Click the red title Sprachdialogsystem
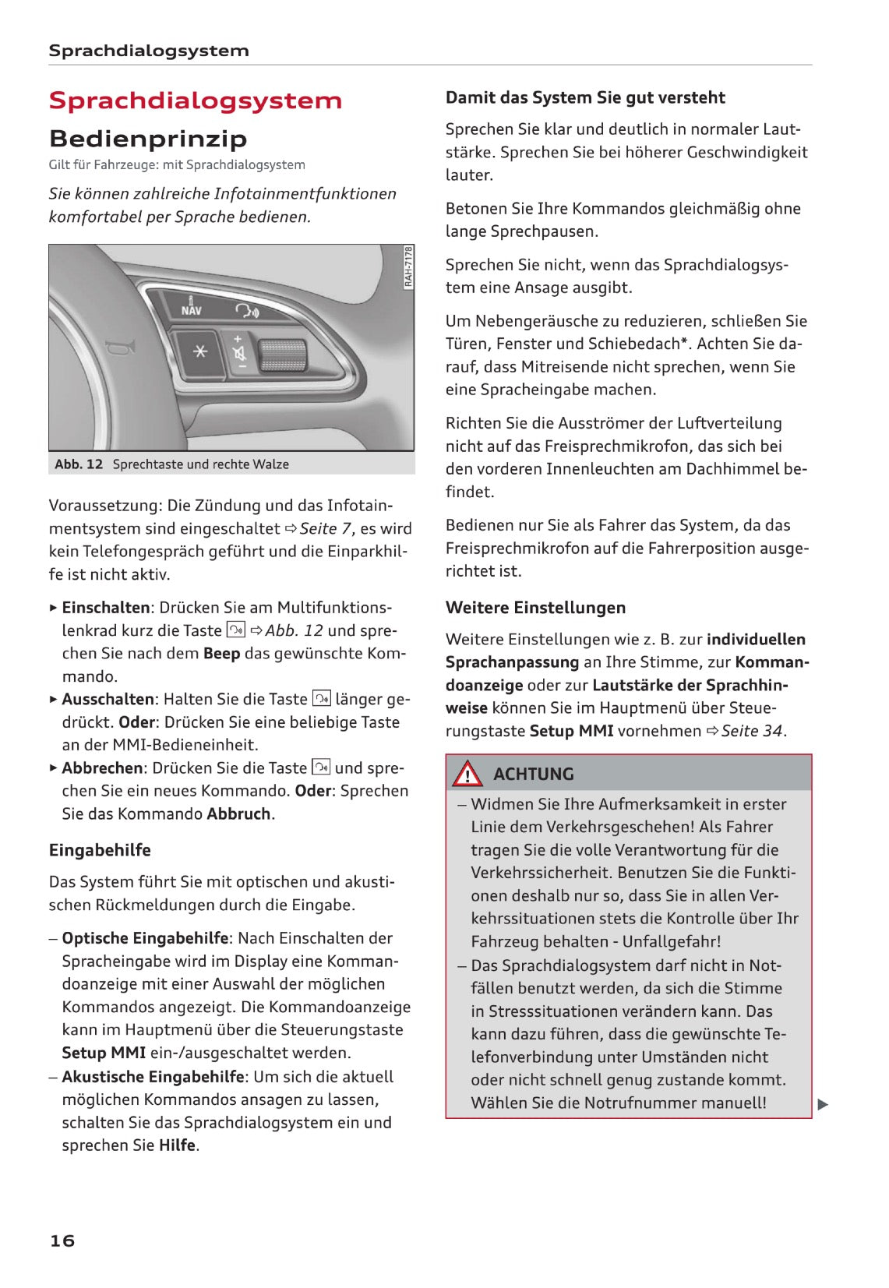click(195, 101)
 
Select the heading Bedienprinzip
click(148, 139)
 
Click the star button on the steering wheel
click(199, 352)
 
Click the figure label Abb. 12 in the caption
click(79, 464)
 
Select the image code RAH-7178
click(408, 267)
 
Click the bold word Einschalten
click(106, 608)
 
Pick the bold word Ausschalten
click(108, 700)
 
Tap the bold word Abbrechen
click(103, 768)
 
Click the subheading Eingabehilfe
click(100, 850)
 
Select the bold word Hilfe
click(177, 1145)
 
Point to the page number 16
click(62, 1240)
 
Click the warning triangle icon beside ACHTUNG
click(467, 774)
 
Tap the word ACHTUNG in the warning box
click(534, 775)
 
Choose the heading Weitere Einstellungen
click(535, 608)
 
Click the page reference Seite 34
click(752, 731)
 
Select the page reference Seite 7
click(326, 529)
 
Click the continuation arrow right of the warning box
click(823, 1104)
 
